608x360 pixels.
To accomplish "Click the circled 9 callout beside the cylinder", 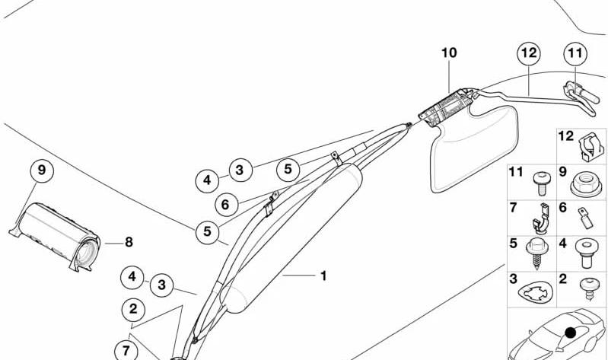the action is (x=42, y=170).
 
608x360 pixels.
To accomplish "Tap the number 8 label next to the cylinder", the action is (x=129, y=243).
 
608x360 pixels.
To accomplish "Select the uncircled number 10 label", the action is (x=449, y=53).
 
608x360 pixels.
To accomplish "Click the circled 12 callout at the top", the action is (x=530, y=53).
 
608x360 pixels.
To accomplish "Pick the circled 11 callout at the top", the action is (x=575, y=53).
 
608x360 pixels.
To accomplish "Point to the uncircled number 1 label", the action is (x=323, y=276).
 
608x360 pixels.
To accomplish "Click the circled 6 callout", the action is (x=226, y=205).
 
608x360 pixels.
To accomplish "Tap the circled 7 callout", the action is (x=126, y=351).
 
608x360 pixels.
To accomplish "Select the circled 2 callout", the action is (x=133, y=309).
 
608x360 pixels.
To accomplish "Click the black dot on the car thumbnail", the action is (x=571, y=332).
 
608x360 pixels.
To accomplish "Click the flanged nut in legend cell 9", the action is (x=586, y=186).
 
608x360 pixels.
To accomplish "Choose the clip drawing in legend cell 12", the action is (x=591, y=147).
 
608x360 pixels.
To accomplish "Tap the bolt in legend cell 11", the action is (x=540, y=184).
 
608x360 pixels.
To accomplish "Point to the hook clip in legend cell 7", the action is (x=541, y=219).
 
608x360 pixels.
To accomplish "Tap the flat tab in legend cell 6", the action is (x=585, y=218).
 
